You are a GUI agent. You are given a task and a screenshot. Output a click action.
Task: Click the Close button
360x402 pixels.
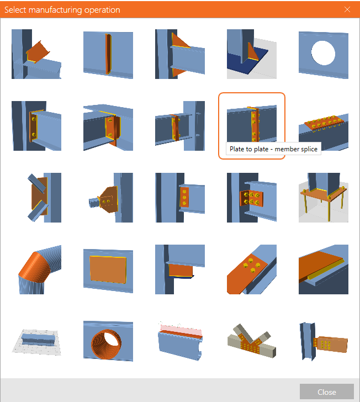click(x=327, y=392)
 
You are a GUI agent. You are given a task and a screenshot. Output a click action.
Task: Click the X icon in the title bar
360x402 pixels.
click(x=347, y=9)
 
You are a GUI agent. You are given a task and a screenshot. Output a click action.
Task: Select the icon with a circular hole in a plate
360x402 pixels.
click(x=324, y=54)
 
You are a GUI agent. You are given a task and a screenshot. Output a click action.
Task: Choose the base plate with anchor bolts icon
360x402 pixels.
click(x=324, y=198)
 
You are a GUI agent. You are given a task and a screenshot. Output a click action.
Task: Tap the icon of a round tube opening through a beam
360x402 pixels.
click(x=108, y=341)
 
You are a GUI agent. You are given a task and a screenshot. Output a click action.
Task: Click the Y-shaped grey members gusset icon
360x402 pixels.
click(x=252, y=341)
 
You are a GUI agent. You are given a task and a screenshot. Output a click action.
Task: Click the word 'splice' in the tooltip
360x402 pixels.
click(x=309, y=149)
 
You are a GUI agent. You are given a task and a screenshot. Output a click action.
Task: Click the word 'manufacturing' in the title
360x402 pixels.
click(x=55, y=10)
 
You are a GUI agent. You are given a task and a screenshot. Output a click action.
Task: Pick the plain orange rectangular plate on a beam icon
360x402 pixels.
click(x=108, y=269)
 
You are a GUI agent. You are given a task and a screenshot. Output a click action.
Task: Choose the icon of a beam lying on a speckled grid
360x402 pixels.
click(x=36, y=342)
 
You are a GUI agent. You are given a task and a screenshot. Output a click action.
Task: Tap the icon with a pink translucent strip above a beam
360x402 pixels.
click(x=180, y=341)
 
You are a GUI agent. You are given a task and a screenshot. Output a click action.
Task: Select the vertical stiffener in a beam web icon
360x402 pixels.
click(x=108, y=54)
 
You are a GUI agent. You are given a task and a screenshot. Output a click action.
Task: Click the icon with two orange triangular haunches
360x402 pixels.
click(x=180, y=54)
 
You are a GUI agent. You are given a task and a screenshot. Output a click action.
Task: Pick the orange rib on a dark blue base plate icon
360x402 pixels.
click(x=252, y=54)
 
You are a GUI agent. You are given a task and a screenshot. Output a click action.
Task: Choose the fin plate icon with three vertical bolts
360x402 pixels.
click(x=180, y=198)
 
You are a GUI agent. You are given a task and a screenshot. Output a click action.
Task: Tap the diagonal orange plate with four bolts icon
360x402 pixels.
click(x=252, y=269)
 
